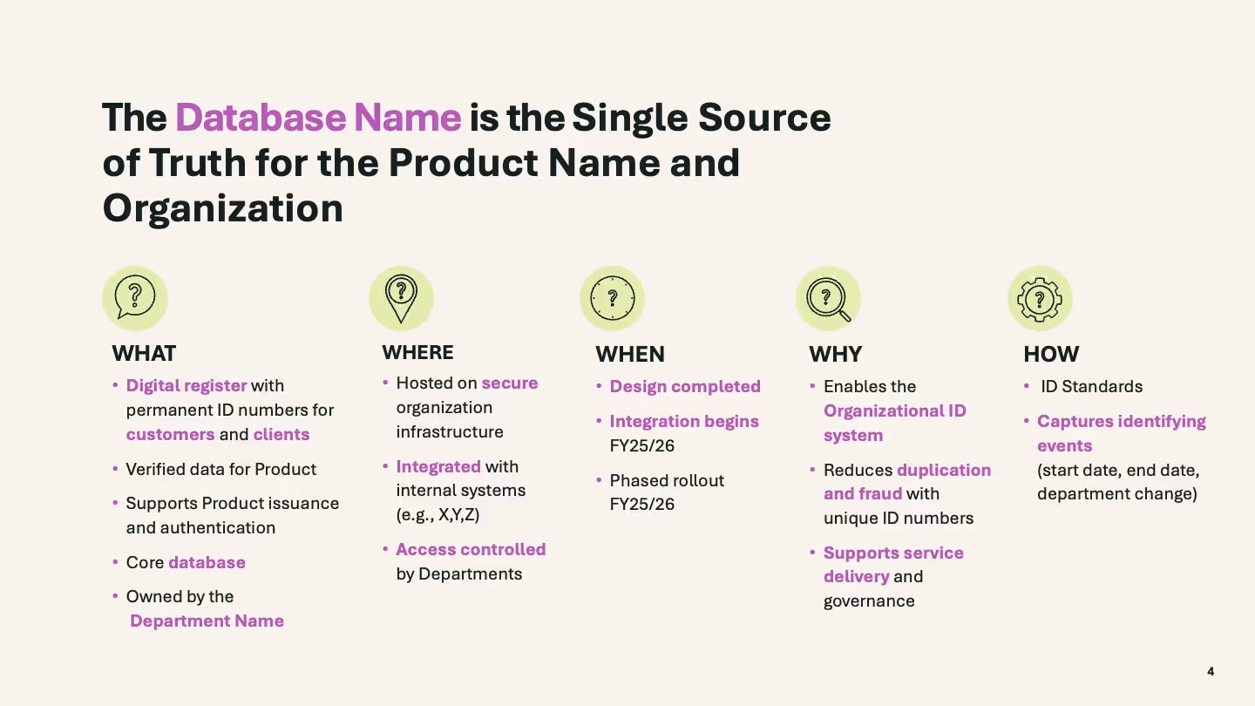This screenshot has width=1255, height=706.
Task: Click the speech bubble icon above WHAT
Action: (x=135, y=297)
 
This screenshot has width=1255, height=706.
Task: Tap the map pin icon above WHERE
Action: (x=401, y=297)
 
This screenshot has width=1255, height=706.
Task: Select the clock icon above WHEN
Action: (x=612, y=298)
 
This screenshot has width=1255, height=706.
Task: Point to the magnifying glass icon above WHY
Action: (x=827, y=298)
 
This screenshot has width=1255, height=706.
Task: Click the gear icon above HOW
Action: (x=1040, y=298)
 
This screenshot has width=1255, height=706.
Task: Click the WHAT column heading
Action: (x=144, y=353)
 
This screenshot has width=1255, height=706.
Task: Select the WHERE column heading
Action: (x=417, y=352)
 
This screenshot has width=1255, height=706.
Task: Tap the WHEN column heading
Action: (x=629, y=354)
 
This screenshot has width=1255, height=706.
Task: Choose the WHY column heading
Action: (x=835, y=354)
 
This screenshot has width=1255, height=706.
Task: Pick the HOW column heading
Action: (x=1051, y=354)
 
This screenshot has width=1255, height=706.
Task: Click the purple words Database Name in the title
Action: (x=318, y=118)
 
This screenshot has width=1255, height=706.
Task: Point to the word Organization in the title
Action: (x=222, y=208)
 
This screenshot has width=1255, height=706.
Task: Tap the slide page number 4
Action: (x=1211, y=671)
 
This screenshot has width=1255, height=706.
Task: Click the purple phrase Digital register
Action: (x=187, y=385)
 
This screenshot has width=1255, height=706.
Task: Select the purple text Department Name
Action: (x=207, y=621)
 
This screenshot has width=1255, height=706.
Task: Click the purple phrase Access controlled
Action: (x=471, y=549)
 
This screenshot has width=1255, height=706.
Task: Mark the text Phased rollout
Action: (x=667, y=480)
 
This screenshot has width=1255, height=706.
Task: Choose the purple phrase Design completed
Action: (x=685, y=386)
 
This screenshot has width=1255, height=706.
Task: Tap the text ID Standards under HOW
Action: (x=1091, y=386)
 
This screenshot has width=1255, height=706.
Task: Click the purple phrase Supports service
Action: (x=893, y=553)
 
